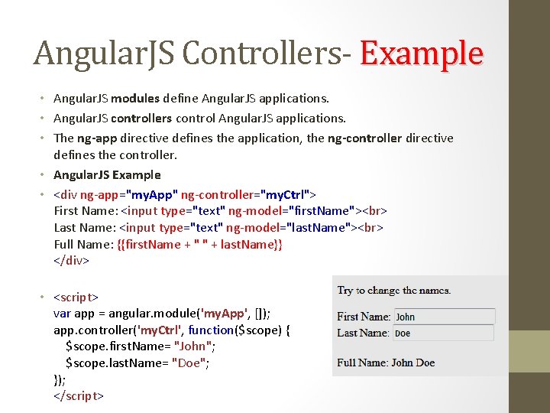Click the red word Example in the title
[422, 54]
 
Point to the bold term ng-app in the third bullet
[96, 138]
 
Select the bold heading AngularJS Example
[107, 175]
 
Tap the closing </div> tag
[72, 261]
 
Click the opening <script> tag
[76, 296]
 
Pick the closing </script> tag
[79, 396]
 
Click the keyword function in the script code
[210, 330]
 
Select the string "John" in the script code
[194, 346]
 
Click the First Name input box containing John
[444, 317]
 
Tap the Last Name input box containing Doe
[444, 333]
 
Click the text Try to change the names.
[394, 291]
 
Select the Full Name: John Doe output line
[386, 363]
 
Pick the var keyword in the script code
[62, 313]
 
